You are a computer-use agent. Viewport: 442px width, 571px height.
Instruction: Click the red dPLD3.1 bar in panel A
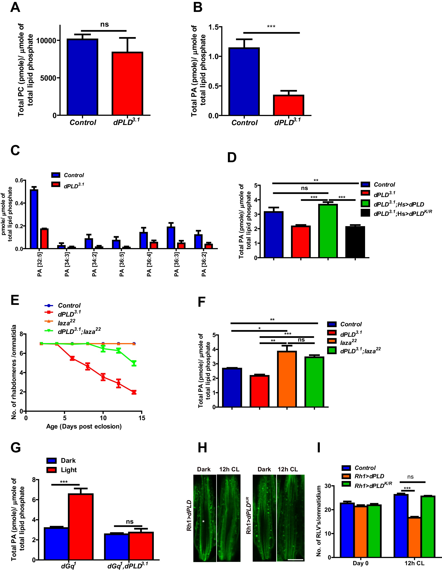coord(127,84)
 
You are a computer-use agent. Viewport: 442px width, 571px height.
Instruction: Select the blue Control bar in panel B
coord(244,82)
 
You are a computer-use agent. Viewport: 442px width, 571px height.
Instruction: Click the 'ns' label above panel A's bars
coord(104,25)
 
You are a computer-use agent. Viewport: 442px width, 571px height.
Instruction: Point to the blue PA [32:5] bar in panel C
coord(34,219)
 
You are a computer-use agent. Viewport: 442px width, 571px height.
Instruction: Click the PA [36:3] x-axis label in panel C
coord(177,264)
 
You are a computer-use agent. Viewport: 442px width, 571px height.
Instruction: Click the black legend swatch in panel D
coord(365,213)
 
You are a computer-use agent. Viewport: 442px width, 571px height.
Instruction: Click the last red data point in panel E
coord(134,392)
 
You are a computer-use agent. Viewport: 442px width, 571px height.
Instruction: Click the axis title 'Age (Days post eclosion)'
coord(84,427)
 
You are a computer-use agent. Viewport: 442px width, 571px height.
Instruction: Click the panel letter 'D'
coord(232,158)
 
